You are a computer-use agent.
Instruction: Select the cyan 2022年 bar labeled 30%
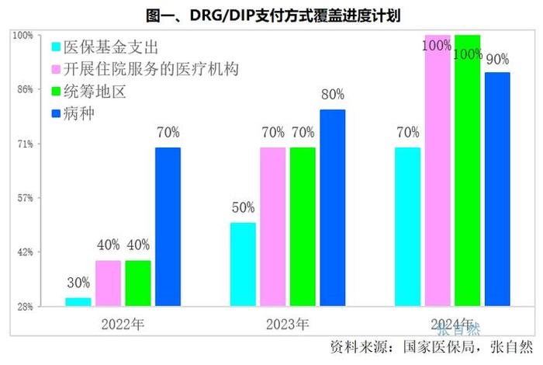[78, 301]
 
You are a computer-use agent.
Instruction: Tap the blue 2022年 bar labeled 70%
[168, 226]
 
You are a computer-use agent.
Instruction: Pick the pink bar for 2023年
[272, 226]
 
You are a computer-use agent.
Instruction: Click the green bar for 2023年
[303, 226]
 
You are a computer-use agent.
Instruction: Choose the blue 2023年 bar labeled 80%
[333, 207]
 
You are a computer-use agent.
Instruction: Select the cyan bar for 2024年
[407, 226]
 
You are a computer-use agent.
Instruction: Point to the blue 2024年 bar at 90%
[497, 189]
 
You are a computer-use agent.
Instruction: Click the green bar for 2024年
[467, 170]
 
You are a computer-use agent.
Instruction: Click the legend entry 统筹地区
[98, 92]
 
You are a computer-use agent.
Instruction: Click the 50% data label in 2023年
[242, 208]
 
